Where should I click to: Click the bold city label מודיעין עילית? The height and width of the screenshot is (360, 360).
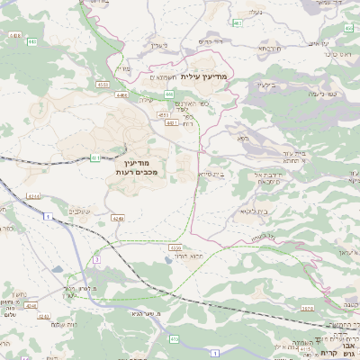click(206, 77)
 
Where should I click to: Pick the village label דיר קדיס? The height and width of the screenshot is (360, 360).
click(211, 41)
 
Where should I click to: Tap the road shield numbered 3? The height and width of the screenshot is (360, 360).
click(96, 259)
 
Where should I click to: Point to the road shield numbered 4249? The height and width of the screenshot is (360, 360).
click(117, 218)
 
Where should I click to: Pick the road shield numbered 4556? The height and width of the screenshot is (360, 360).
click(175, 247)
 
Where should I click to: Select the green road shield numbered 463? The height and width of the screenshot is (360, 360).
click(237, 22)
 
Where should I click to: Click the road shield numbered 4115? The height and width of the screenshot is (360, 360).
click(14, 35)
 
